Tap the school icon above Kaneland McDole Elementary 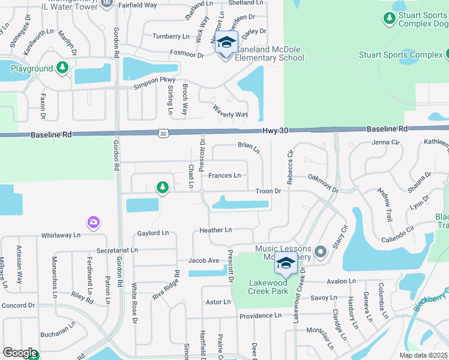(226, 43)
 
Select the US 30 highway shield (163, 133)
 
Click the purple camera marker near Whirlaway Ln (93, 223)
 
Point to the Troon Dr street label (269, 191)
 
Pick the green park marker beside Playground (62, 68)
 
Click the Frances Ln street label (224, 176)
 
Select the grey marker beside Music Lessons (320, 252)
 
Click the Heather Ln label (215, 230)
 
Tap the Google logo (20, 353)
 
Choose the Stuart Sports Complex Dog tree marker (390, 18)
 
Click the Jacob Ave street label (203, 260)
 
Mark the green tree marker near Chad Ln (162, 188)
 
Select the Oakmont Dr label (323, 178)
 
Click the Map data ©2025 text (424, 355)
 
